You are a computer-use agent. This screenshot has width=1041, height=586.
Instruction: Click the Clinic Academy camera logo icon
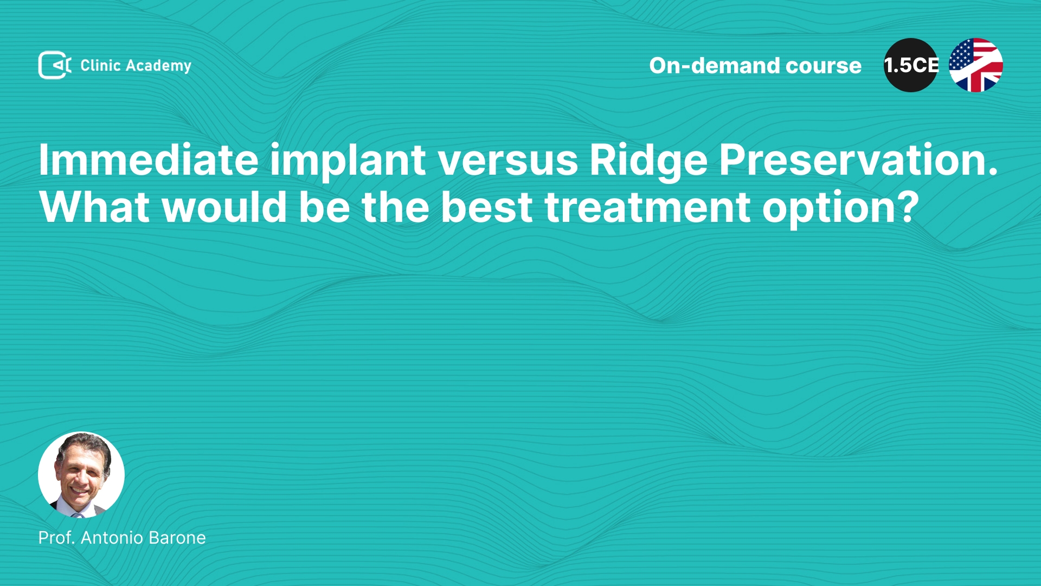click(55, 65)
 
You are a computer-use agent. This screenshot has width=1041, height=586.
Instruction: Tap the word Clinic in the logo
click(100, 65)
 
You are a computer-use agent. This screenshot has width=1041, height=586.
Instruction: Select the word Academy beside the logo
click(158, 66)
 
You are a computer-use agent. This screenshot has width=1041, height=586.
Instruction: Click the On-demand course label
click(755, 66)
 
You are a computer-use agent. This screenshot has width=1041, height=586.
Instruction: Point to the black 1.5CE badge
click(911, 65)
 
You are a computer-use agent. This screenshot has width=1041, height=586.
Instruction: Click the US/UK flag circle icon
click(976, 65)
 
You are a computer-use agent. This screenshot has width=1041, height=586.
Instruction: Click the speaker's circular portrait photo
click(81, 475)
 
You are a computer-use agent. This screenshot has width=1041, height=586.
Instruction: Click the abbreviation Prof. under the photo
click(56, 538)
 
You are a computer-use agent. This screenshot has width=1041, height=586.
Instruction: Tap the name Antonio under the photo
click(112, 538)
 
